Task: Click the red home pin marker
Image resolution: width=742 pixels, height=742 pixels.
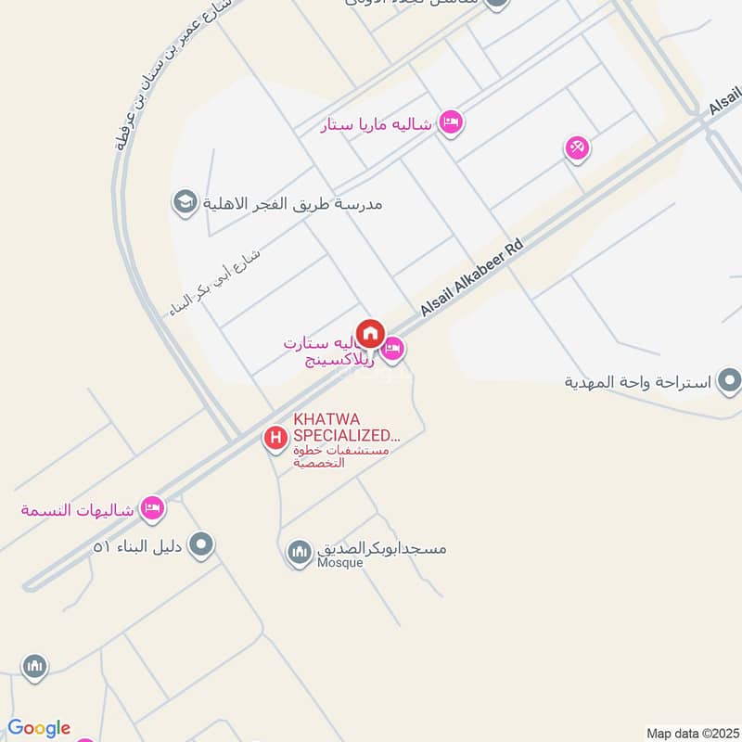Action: click(371, 333)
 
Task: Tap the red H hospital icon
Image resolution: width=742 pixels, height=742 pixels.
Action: click(275, 438)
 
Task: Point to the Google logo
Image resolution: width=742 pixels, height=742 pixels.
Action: click(39, 728)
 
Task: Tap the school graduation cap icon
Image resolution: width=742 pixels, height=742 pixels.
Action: click(185, 202)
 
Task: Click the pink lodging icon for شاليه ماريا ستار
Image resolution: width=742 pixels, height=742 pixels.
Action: click(451, 122)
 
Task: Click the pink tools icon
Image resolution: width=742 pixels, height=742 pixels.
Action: click(577, 147)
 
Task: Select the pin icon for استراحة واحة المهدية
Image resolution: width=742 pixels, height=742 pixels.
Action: click(730, 380)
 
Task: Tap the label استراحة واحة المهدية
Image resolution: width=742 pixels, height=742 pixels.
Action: click(639, 381)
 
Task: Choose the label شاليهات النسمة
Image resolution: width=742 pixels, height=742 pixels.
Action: click(79, 509)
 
